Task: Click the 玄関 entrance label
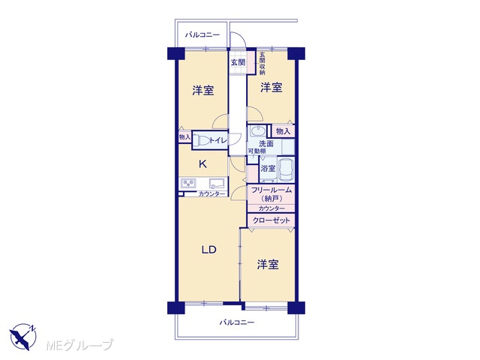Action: tap(238, 62)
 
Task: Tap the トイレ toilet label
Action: tap(218, 140)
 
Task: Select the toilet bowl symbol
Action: tap(202, 141)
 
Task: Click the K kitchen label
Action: tap(202, 164)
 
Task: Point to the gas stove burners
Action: tap(188, 183)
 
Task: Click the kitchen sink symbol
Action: tap(217, 183)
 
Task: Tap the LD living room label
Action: tap(209, 250)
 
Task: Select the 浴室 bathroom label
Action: tap(268, 168)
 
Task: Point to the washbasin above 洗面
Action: tap(257, 131)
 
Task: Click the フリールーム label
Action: tap(271, 190)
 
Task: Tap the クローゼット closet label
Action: tap(271, 220)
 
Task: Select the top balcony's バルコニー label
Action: tap(202, 35)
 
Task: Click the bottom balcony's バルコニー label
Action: tap(237, 322)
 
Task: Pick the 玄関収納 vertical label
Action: tap(262, 64)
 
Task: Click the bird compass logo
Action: tap(23, 337)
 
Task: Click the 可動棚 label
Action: tap(256, 151)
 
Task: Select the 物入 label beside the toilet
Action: tap(184, 137)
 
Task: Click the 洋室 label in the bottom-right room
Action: tap(268, 264)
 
